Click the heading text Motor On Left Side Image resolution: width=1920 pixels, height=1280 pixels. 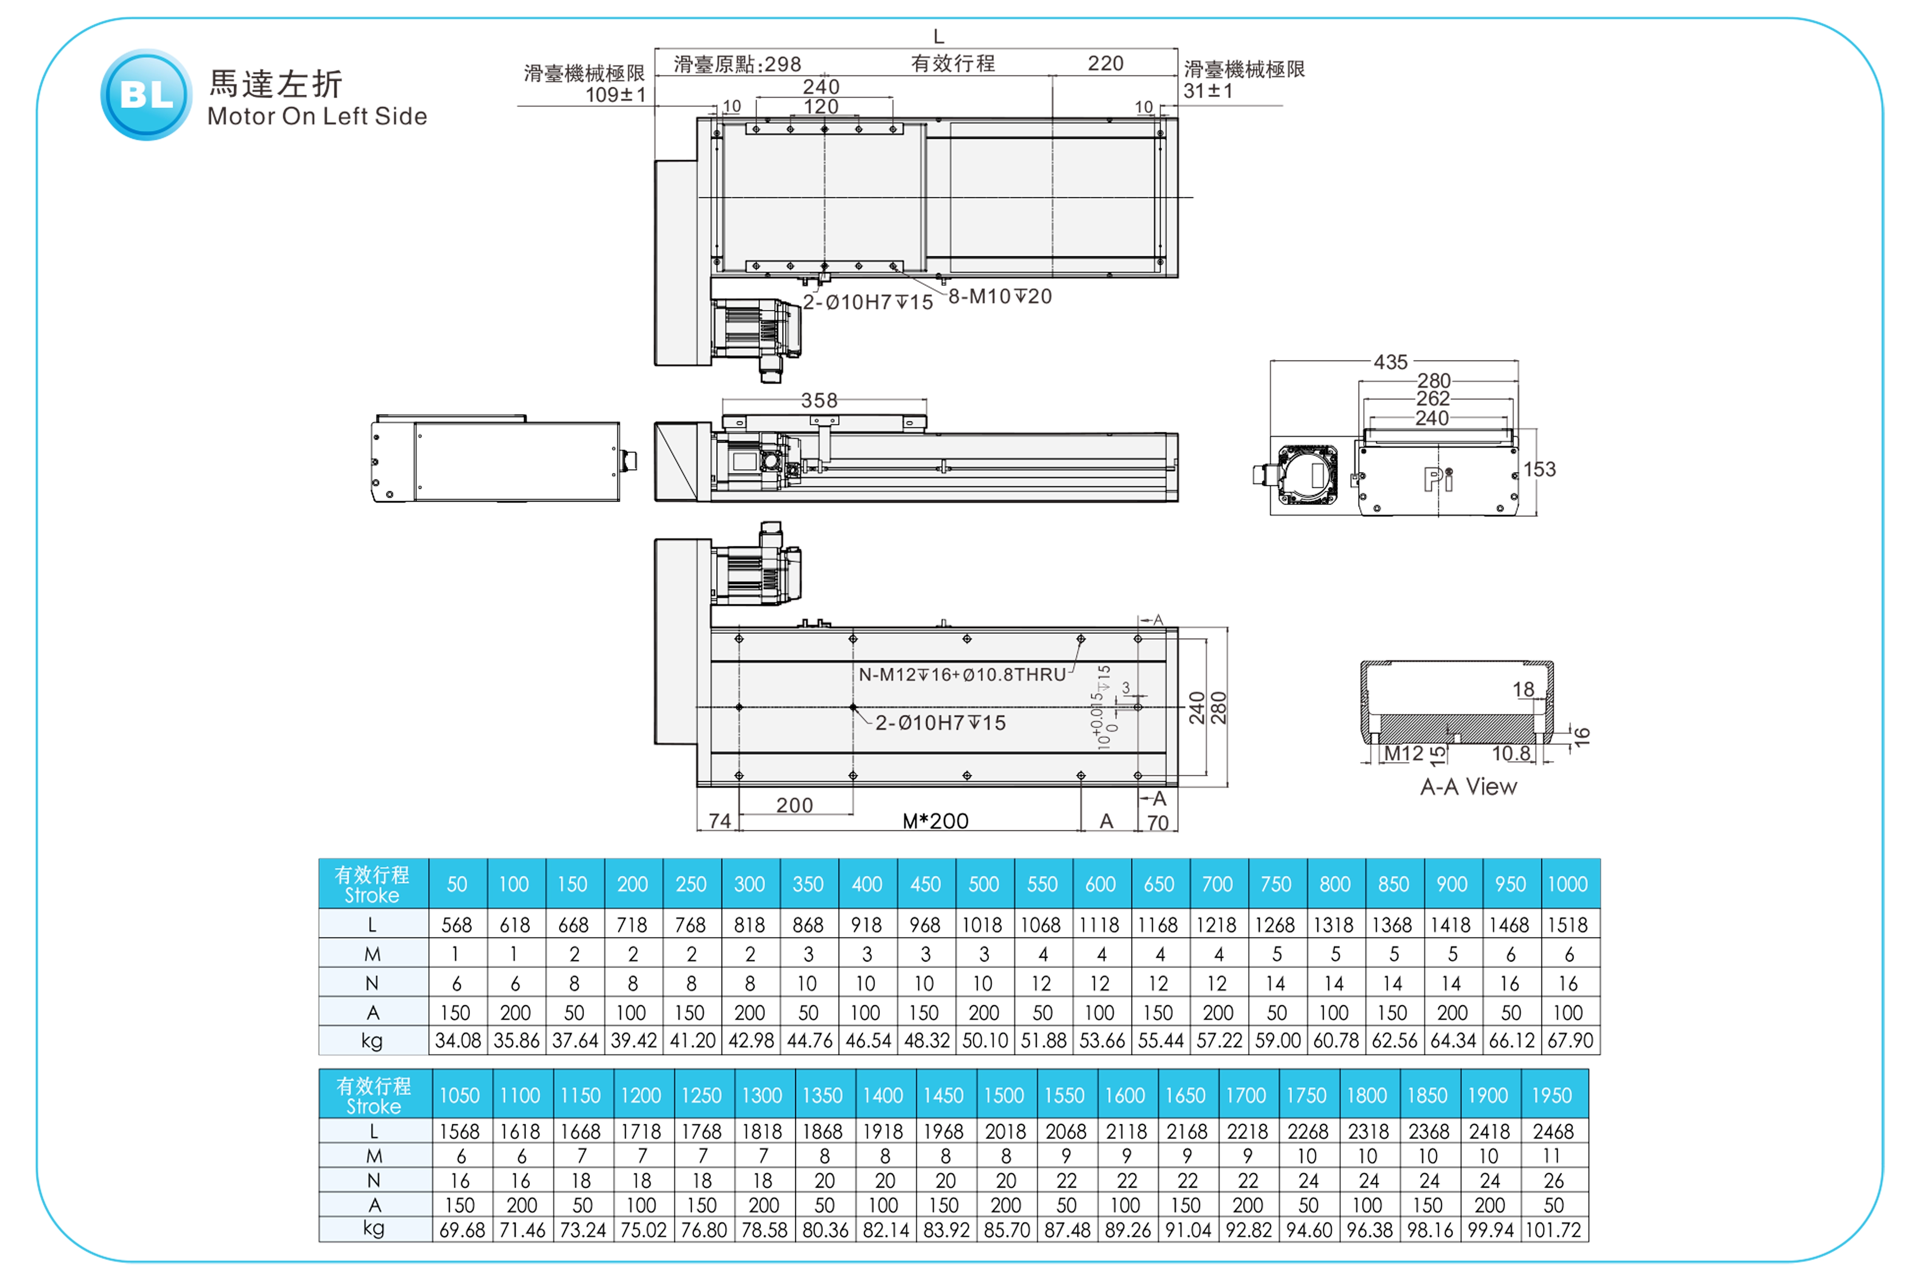click(317, 117)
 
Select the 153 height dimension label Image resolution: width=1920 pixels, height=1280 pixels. click(1539, 470)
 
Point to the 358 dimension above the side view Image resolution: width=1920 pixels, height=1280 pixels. click(819, 401)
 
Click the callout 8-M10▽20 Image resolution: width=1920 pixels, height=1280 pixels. click(1000, 296)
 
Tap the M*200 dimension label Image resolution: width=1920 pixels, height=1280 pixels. click(936, 821)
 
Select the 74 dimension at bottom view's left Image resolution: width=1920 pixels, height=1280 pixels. click(719, 821)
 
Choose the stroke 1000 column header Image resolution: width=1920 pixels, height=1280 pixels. click(1567, 884)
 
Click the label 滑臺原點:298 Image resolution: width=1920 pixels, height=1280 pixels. click(737, 65)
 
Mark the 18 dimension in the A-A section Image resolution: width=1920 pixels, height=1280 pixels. click(1523, 690)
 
